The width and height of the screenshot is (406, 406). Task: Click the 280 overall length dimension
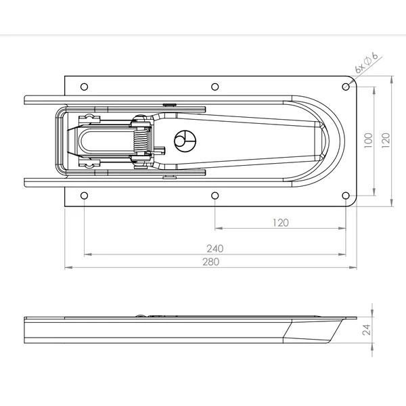click(210, 262)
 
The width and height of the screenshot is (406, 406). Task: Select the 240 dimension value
click(215, 248)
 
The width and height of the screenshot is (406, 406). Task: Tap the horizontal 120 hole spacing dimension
click(281, 223)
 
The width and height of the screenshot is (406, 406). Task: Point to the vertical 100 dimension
click(368, 140)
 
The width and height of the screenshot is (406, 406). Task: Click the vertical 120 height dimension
click(386, 140)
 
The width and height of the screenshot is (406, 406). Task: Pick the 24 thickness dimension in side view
click(366, 330)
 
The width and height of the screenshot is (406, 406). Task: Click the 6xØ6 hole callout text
click(366, 63)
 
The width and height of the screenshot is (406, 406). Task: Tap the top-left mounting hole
click(84, 87)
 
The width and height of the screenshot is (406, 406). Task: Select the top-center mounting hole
click(215, 87)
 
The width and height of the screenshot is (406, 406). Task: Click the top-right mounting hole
click(346, 87)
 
